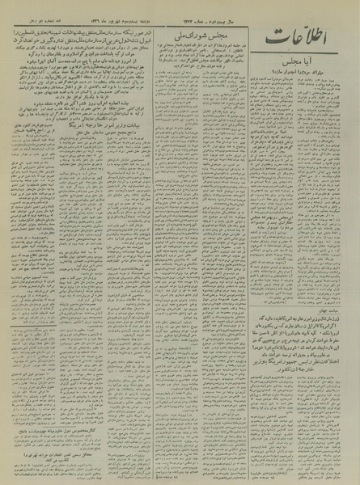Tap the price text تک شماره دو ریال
[32, 6]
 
